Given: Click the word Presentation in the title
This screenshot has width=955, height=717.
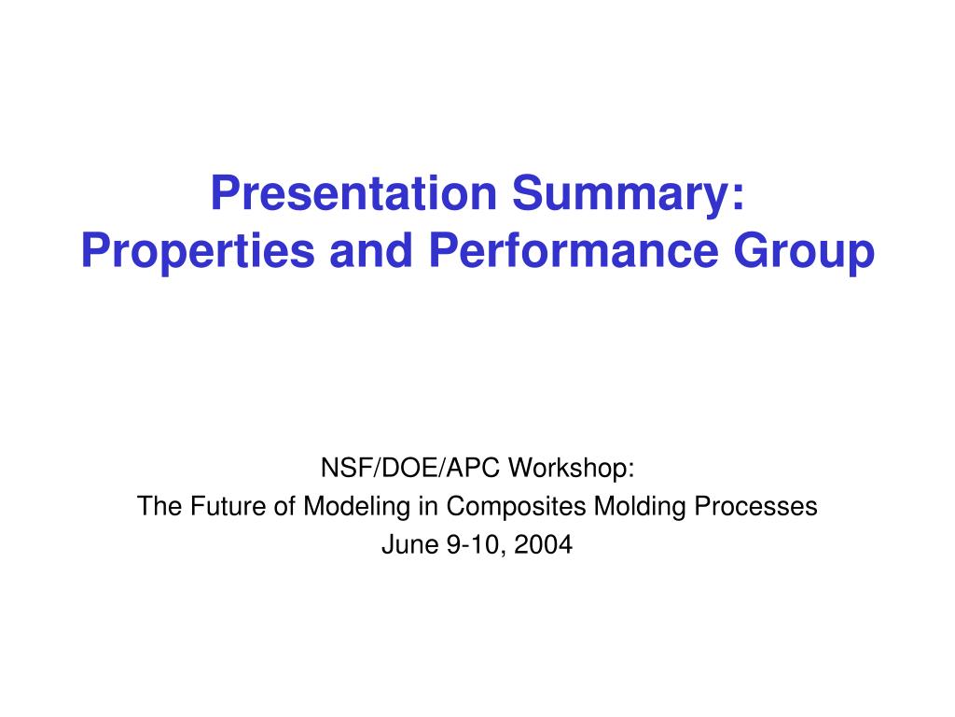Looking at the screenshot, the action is point(353,192).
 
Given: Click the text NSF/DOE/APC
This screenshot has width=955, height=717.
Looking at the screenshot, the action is point(410,468).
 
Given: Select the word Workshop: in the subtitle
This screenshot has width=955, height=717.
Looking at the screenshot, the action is point(572,468).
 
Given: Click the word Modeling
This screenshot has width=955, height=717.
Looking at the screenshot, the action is point(357,507).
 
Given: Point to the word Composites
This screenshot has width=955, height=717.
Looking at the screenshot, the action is point(516,507).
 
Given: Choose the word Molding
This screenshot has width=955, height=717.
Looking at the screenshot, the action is point(640,507).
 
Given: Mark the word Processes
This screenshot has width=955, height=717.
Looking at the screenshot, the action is point(755,506).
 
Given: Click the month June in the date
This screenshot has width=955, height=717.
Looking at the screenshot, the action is point(410,544).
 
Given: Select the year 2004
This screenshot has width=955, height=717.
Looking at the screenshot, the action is point(544,544).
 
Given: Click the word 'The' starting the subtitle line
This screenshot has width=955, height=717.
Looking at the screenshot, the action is point(159,506).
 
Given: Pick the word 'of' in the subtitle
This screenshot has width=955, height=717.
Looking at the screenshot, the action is point(284,506).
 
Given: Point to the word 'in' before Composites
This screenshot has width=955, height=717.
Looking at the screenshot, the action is point(428,506).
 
